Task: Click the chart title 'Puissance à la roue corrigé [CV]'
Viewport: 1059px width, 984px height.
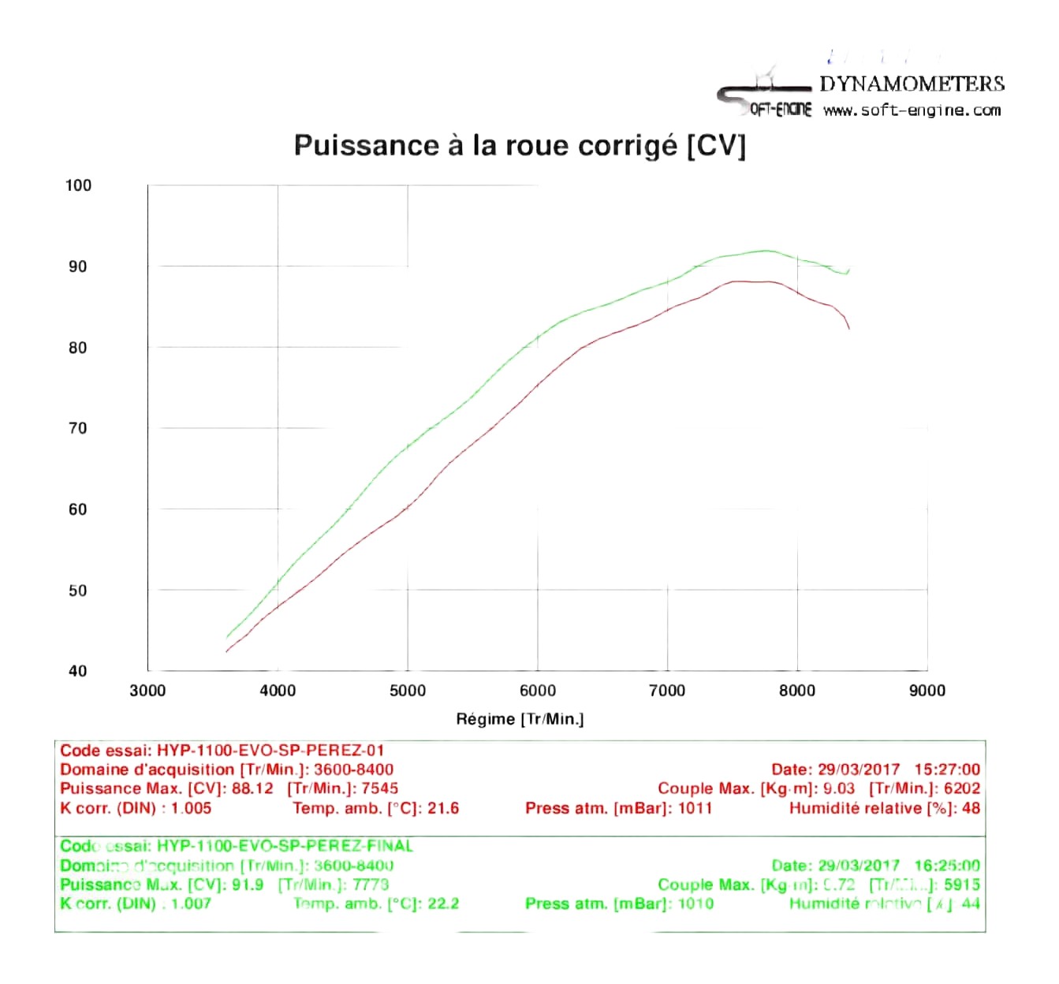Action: (x=519, y=146)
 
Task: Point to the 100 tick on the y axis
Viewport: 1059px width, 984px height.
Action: (x=78, y=185)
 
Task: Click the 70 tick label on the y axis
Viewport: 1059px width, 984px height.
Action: (x=78, y=428)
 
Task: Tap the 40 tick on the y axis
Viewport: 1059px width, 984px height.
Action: (x=78, y=671)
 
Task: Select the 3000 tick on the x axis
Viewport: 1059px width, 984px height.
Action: (x=147, y=691)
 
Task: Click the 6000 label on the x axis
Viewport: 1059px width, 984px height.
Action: (x=537, y=691)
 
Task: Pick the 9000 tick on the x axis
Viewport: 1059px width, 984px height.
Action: (x=927, y=691)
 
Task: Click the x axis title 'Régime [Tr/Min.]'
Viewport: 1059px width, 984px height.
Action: (x=520, y=719)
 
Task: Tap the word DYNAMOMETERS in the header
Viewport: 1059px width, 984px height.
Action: (x=912, y=84)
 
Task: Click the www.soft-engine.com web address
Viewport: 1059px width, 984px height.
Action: (x=912, y=110)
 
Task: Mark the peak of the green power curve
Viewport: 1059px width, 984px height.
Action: (x=765, y=251)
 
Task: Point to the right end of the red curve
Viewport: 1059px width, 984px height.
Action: (x=849, y=328)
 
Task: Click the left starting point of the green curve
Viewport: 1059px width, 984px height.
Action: (x=227, y=637)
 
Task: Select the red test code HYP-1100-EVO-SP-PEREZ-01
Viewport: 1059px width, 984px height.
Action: (x=270, y=750)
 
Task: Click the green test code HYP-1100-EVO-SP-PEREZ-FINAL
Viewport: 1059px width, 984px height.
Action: (x=285, y=846)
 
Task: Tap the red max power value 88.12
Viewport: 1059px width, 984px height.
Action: (x=252, y=788)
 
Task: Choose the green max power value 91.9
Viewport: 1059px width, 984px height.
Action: (x=248, y=885)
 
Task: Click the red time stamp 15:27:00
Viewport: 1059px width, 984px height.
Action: (x=946, y=770)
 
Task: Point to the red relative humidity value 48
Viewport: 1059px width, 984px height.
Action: (x=971, y=808)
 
